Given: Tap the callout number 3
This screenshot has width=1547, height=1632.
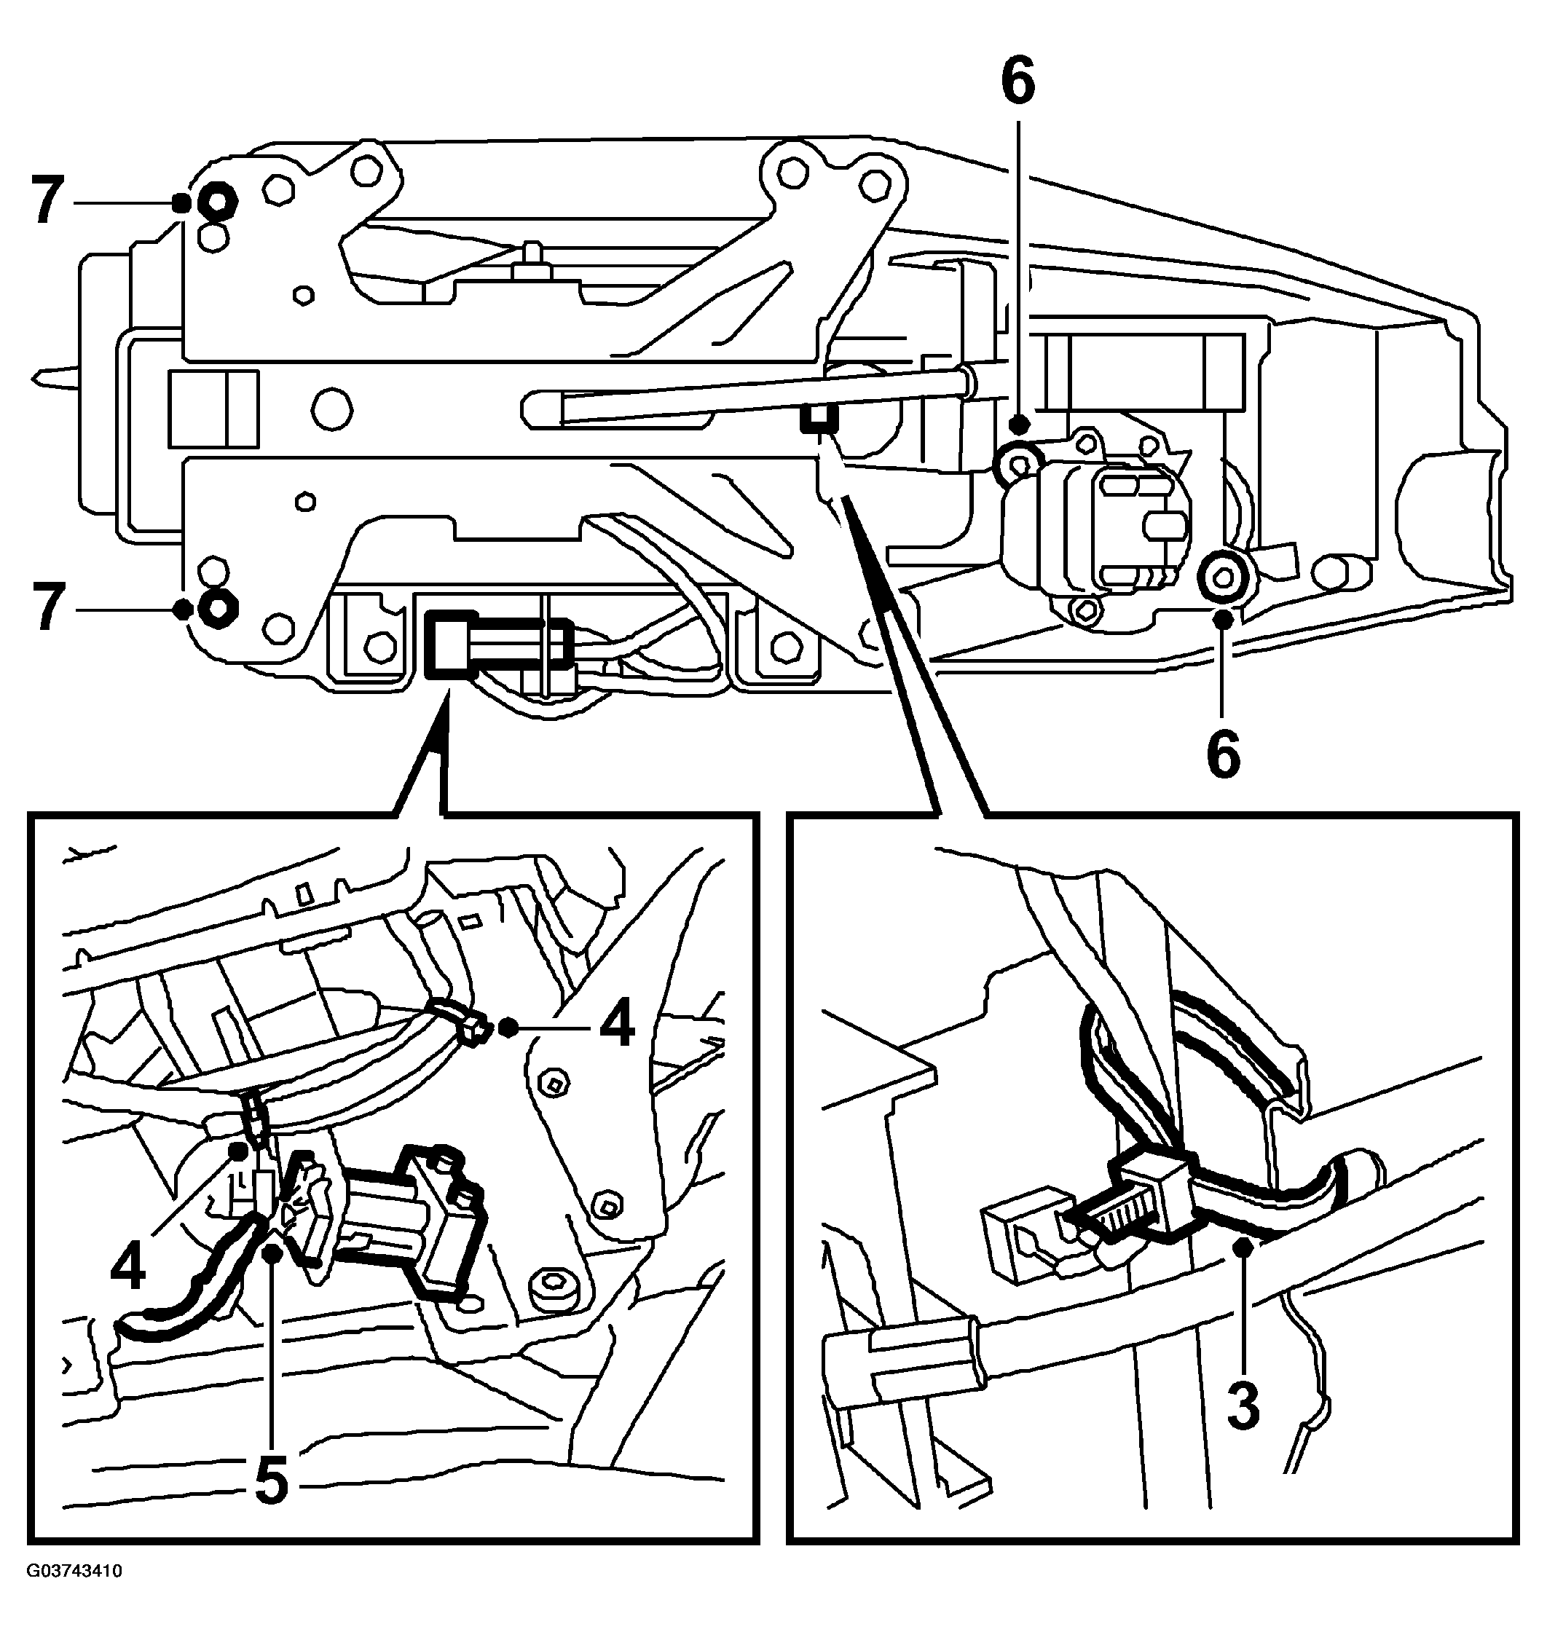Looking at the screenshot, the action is [x=1243, y=1407].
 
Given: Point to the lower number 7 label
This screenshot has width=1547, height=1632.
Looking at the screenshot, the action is [x=47, y=609].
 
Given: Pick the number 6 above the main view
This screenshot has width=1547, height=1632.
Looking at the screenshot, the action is [x=1018, y=82].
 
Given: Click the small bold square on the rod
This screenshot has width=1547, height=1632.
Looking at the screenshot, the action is [x=819, y=419].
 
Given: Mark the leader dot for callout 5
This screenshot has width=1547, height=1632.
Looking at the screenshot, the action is [x=273, y=1253].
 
